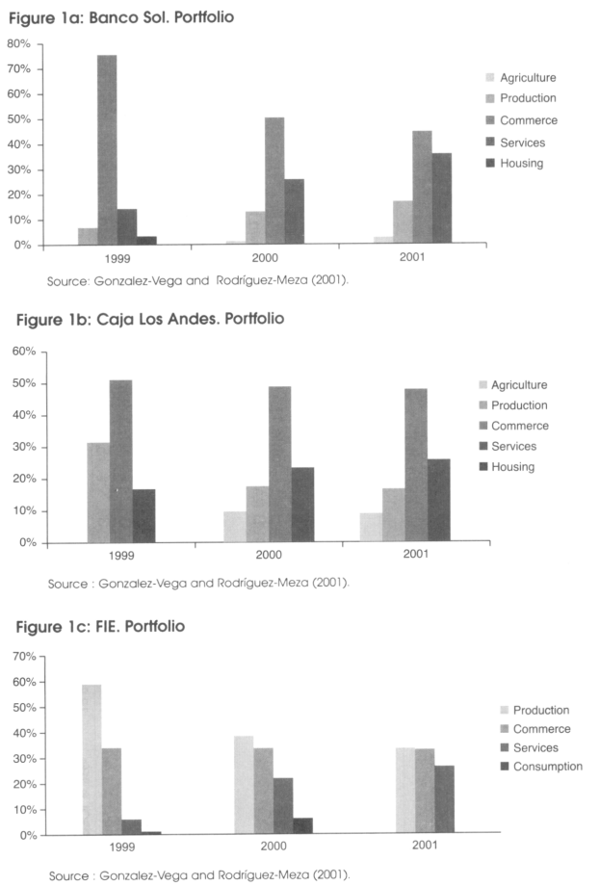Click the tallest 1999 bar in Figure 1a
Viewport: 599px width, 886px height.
click(x=107, y=149)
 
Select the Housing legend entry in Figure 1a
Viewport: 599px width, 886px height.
click(x=515, y=164)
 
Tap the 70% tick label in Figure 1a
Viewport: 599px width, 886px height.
click(x=18, y=69)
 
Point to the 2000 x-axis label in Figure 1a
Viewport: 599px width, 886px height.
click(x=265, y=258)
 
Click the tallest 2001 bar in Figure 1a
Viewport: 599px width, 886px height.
click(x=422, y=187)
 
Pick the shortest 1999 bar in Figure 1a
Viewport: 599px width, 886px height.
click(x=146, y=241)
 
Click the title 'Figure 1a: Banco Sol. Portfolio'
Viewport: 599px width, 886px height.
click(x=121, y=17)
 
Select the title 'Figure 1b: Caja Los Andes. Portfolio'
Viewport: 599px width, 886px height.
click(x=150, y=320)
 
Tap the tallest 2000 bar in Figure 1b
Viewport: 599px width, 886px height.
click(x=279, y=464)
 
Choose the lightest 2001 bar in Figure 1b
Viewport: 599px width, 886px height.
click(x=372, y=527)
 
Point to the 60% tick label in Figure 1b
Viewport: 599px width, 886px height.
click(x=24, y=352)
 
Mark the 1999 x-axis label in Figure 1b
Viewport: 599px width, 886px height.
click(x=121, y=556)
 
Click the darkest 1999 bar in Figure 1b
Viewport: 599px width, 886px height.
click(x=144, y=516)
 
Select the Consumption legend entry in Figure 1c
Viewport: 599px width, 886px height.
click(x=541, y=767)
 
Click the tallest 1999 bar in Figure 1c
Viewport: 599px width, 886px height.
click(x=92, y=760)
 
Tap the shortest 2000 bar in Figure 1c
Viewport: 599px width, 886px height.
click(x=303, y=825)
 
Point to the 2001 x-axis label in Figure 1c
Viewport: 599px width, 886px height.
click(x=425, y=845)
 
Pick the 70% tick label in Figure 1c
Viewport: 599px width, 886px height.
click(x=24, y=657)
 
